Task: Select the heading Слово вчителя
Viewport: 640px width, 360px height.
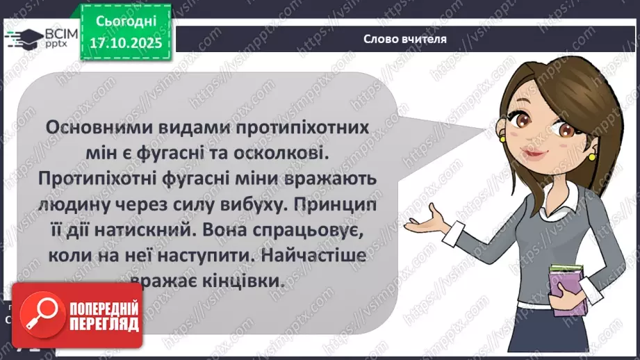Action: click(x=404, y=39)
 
